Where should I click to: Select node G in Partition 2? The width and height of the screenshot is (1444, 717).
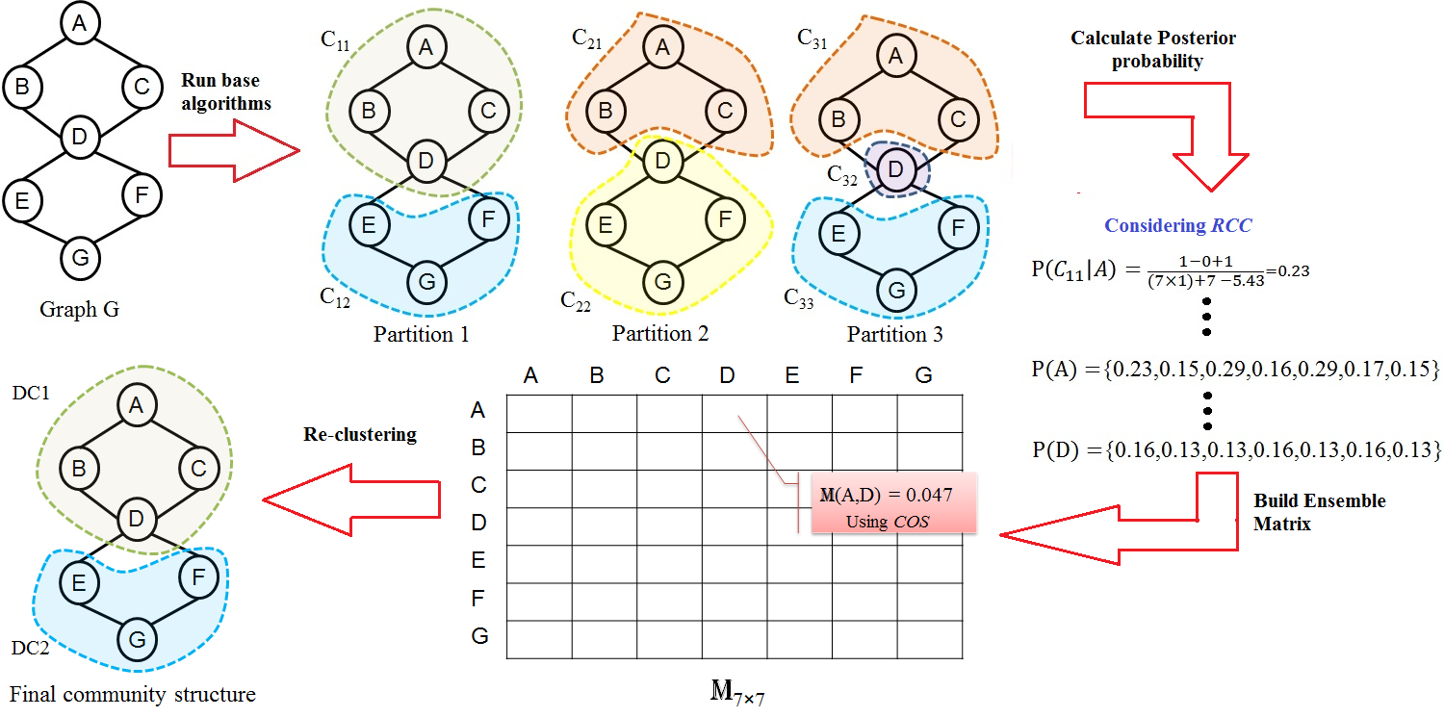661,280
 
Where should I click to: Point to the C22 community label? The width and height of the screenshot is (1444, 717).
576,298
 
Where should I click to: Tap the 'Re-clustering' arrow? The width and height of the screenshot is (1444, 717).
351,498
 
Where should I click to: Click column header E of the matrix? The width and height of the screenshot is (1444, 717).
791,375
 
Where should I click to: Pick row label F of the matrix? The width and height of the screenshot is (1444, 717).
477,599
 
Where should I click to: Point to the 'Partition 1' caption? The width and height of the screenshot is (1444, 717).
421,335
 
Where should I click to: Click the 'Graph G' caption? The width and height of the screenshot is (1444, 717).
79,310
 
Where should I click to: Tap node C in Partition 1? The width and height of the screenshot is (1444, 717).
488,110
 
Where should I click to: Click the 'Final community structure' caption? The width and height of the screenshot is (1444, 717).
133,693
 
